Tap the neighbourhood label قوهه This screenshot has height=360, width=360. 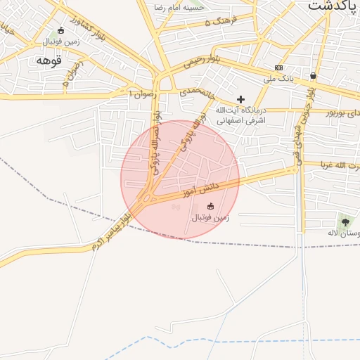tap(49, 61)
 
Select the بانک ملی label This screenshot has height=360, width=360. tap(278, 78)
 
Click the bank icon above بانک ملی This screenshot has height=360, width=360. tap(279, 68)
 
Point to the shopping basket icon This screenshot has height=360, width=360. tap(312, 75)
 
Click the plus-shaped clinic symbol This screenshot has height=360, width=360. tap(240, 99)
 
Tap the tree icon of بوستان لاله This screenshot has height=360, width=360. tap(345, 222)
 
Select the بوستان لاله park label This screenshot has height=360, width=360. tap(344, 233)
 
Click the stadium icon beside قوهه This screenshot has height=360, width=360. tap(60, 31)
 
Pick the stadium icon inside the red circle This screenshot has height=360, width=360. tap(210, 206)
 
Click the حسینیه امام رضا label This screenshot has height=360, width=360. tap(179, 7)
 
